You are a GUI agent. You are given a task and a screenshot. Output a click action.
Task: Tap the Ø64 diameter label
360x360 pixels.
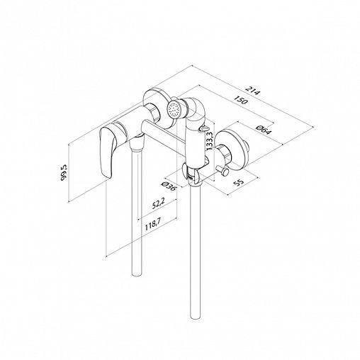pyautogui.click(x=264, y=130)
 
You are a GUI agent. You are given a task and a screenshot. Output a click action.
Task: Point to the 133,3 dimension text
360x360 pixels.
pyautogui.click(x=210, y=141)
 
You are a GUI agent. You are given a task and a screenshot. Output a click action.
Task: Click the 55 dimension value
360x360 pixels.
pyautogui.click(x=238, y=183)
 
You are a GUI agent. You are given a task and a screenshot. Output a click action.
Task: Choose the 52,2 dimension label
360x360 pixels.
pyautogui.click(x=159, y=203)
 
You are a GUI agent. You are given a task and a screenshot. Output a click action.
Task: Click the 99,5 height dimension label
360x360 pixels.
pyautogui.click(x=64, y=173)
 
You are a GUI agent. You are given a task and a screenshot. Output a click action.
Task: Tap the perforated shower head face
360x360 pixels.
pyautogui.click(x=174, y=109)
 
